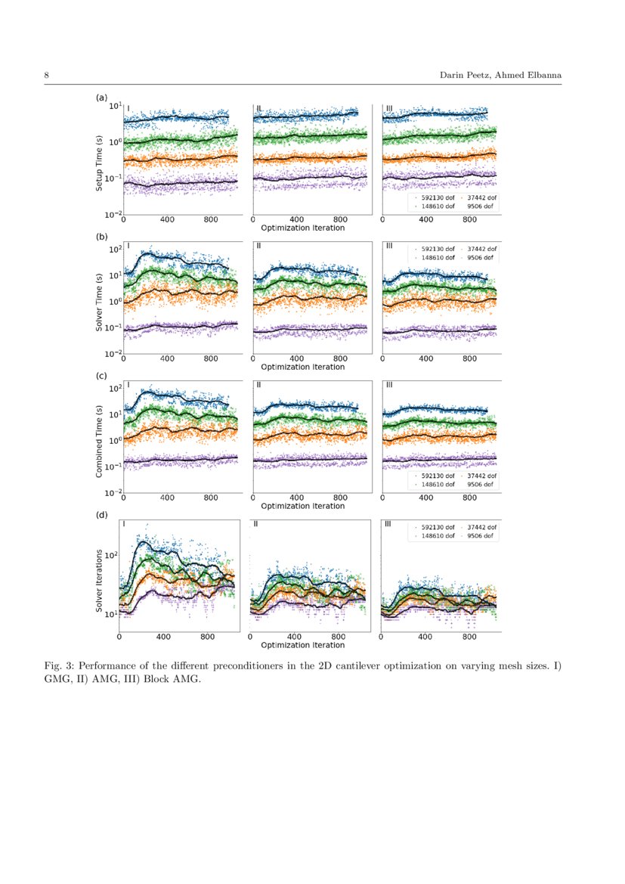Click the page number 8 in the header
[47, 76]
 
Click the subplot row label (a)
[101, 98]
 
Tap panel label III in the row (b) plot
[389, 246]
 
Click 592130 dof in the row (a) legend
[438, 197]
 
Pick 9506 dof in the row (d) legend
[481, 535]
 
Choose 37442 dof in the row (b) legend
[483, 249]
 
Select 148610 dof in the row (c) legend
[438, 484]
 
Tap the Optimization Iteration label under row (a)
[302, 228]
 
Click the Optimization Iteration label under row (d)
[302, 645]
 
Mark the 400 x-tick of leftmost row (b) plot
[167, 359]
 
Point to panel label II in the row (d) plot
[256, 523]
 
